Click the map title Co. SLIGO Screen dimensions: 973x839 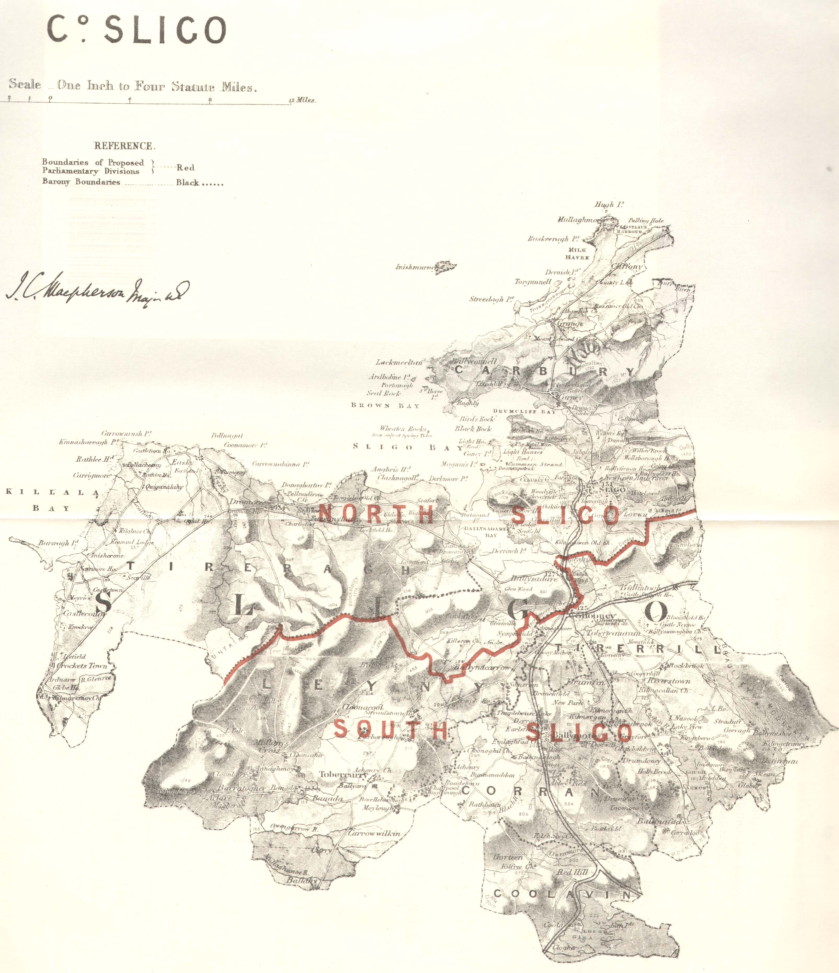[x=136, y=30]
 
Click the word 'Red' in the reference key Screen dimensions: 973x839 [x=185, y=168]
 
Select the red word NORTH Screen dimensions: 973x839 [x=376, y=514]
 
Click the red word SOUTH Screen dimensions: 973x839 [x=390, y=730]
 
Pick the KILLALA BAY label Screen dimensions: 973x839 [x=52, y=500]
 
